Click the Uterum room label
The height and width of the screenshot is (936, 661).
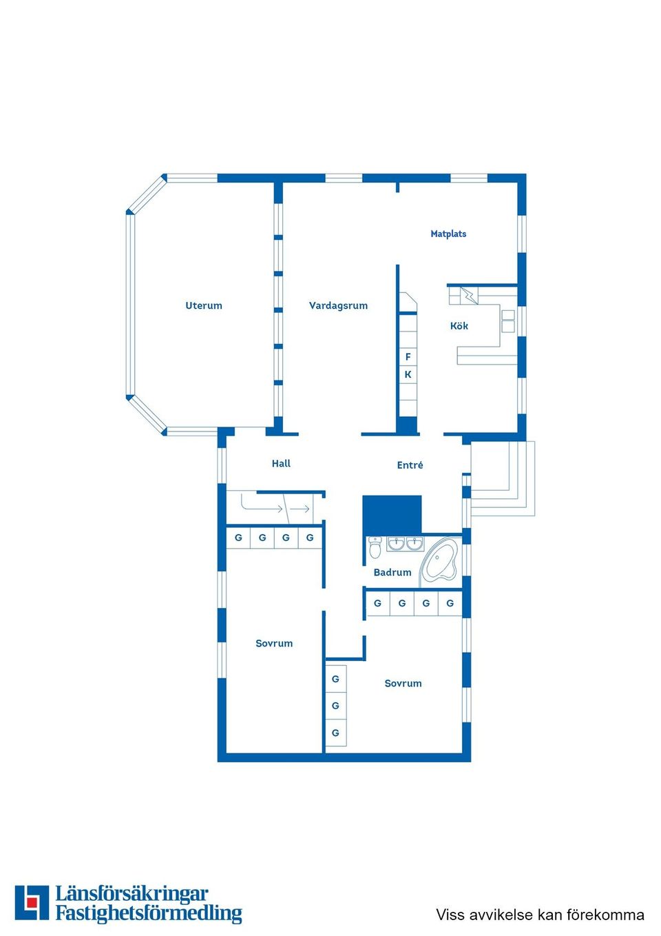[204, 305]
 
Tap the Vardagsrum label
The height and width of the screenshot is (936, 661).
[338, 305]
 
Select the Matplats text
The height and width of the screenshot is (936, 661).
[448, 234]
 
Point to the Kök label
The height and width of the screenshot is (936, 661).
[459, 326]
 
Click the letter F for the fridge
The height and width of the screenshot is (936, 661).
[408, 357]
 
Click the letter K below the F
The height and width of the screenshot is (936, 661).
[408, 375]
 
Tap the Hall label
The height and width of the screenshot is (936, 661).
[281, 464]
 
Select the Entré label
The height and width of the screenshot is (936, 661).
[410, 465]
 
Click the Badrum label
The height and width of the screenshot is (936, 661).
[392, 572]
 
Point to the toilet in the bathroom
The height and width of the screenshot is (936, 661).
[375, 547]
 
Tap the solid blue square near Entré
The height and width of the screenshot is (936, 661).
[392, 514]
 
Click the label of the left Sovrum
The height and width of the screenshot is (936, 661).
[274, 643]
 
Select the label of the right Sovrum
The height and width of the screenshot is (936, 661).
[403, 683]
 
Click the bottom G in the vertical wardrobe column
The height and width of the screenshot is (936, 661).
[335, 733]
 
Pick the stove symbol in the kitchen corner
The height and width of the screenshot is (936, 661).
[469, 296]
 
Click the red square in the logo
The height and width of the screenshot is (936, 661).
[32, 902]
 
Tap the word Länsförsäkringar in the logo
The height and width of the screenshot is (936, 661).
[132, 894]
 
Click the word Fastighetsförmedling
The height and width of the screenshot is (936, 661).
[149, 913]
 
